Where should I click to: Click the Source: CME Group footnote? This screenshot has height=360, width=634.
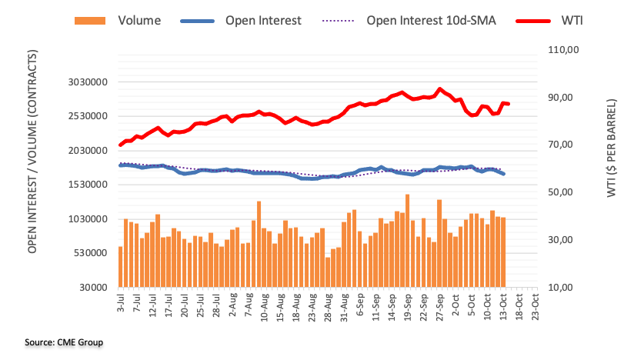pyautogui.click(x=65, y=342)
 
